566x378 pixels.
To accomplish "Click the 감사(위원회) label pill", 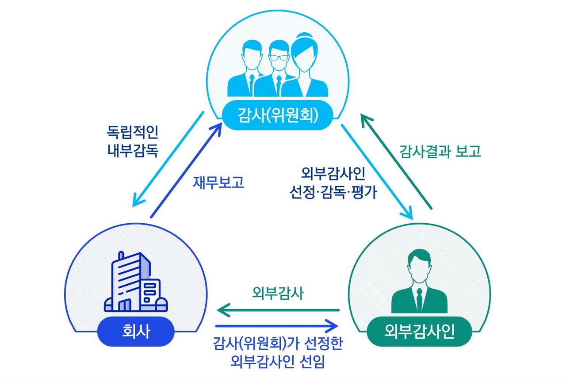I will coord(277,116).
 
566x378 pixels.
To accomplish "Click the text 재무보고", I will coord(218,183).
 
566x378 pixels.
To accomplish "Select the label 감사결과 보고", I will coord(440,152).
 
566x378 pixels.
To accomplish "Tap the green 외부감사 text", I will coord(278,294).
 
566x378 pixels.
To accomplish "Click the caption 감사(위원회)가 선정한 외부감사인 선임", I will coord(278,354).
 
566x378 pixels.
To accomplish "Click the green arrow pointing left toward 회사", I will coord(278,310).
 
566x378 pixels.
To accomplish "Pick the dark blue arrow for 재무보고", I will coord(186,171).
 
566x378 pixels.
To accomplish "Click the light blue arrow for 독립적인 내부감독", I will coord(168,159).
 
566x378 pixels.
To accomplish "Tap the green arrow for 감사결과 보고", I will coord(395,161).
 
